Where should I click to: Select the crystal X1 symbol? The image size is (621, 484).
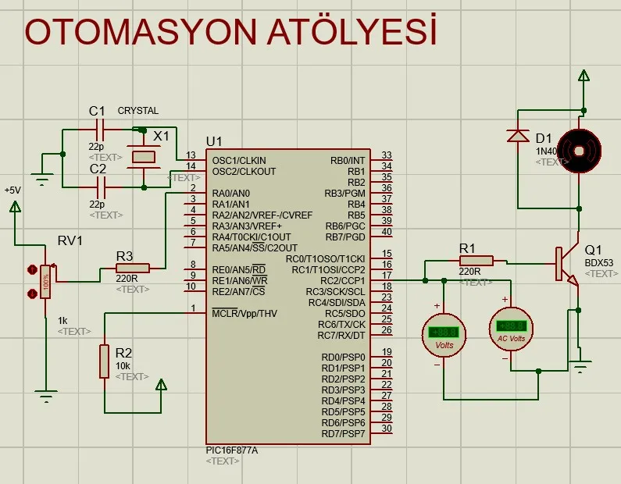coord(144,157)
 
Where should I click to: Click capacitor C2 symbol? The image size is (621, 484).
coord(99,187)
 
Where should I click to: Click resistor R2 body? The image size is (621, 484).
coord(104,361)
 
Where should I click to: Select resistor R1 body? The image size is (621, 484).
coord(476,261)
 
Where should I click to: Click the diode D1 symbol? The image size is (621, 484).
coord(517,136)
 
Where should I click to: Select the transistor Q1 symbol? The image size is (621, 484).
coord(567,265)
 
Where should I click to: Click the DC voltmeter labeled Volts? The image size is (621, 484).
coord(444,334)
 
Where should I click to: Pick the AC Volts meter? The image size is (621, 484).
coord(511,328)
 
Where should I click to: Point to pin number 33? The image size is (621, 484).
coord(386,156)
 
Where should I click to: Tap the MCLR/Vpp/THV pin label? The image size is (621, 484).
coord(244,313)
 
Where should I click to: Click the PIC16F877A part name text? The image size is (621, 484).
coord(231,450)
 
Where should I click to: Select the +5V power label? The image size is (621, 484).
coord(12,190)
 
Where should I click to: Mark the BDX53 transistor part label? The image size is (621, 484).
coord(599,262)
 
